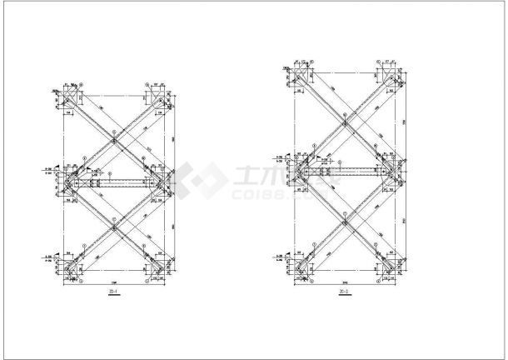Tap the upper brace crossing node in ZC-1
pyautogui.click(x=113, y=138)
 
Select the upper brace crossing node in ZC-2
pyautogui.click(x=344, y=122)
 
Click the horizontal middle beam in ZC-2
pyautogui.click(x=344, y=172)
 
